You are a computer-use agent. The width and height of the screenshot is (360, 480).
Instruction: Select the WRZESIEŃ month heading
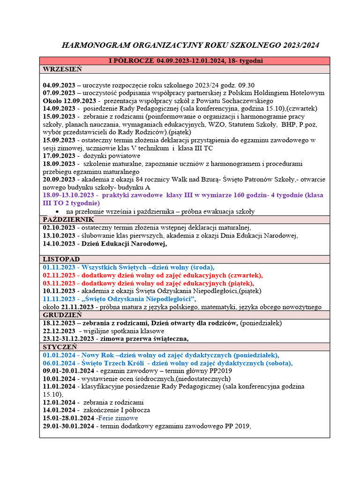coord(62,69)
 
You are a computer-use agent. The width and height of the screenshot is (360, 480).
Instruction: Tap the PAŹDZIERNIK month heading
coord(68,219)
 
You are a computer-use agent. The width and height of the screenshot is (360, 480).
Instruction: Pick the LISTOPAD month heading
coord(61,259)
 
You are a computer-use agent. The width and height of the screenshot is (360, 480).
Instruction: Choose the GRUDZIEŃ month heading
coord(62,315)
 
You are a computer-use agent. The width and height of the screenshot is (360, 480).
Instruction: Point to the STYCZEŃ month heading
coord(60,347)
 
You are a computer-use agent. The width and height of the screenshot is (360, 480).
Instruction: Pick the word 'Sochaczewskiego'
coord(247,101)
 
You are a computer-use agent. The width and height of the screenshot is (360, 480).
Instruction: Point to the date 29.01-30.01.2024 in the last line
coord(68,426)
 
